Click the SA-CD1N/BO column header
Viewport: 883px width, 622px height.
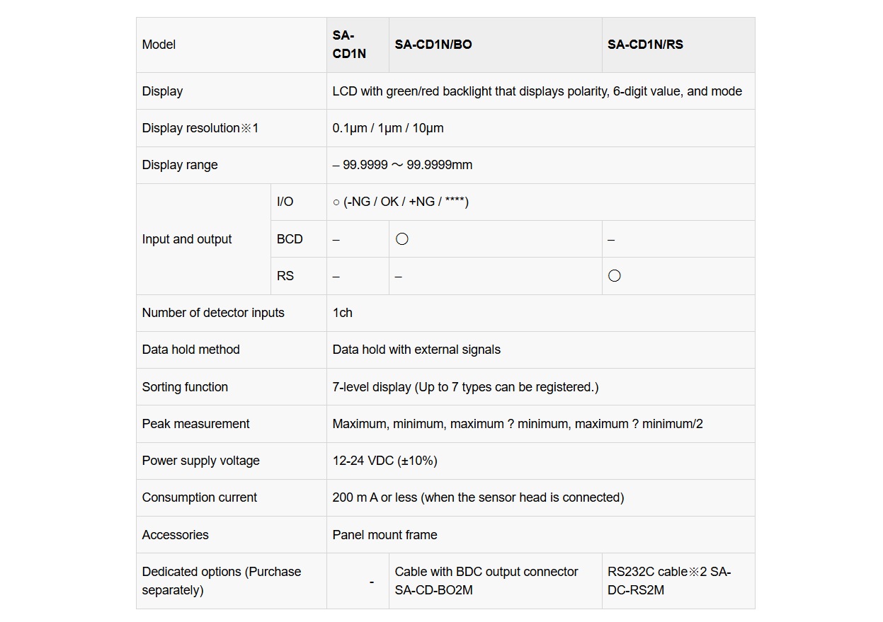tap(433, 45)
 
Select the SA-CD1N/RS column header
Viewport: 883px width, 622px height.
tap(645, 45)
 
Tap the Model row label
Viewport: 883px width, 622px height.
tap(159, 45)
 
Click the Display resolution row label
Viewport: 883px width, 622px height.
tap(200, 128)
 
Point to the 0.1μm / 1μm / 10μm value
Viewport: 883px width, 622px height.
tap(388, 128)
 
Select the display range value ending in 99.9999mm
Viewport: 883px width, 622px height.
tap(402, 165)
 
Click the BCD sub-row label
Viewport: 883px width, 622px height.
tap(290, 239)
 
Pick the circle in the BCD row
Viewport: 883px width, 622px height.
tap(402, 239)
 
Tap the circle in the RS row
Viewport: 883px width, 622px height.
tap(615, 276)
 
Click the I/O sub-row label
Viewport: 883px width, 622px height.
tap(285, 202)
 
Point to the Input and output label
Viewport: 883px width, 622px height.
tap(187, 239)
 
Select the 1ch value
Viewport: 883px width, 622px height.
tap(342, 313)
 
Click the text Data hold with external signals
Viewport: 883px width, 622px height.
tap(416, 350)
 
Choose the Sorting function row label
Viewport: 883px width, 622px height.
tap(185, 387)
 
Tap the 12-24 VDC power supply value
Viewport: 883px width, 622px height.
tap(384, 461)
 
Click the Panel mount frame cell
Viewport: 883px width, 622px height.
tap(384, 535)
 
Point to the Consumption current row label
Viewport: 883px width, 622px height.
tap(200, 497)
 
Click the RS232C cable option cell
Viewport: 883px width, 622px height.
tap(669, 581)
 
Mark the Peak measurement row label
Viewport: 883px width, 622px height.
tap(195, 424)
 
